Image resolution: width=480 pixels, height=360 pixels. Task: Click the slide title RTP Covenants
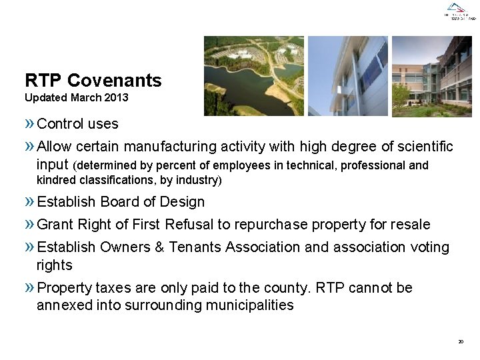click(x=93, y=81)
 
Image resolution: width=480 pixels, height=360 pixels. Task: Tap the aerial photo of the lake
click(x=253, y=76)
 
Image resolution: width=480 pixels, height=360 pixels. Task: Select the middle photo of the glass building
click(x=347, y=76)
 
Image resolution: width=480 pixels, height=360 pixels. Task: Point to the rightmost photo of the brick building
click(x=431, y=76)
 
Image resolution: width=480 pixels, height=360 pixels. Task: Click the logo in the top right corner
click(x=461, y=11)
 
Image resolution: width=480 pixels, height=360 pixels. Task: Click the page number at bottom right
click(x=461, y=341)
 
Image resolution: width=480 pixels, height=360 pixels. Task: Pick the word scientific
click(x=419, y=147)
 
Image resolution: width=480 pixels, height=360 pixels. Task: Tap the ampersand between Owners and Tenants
click(x=159, y=247)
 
